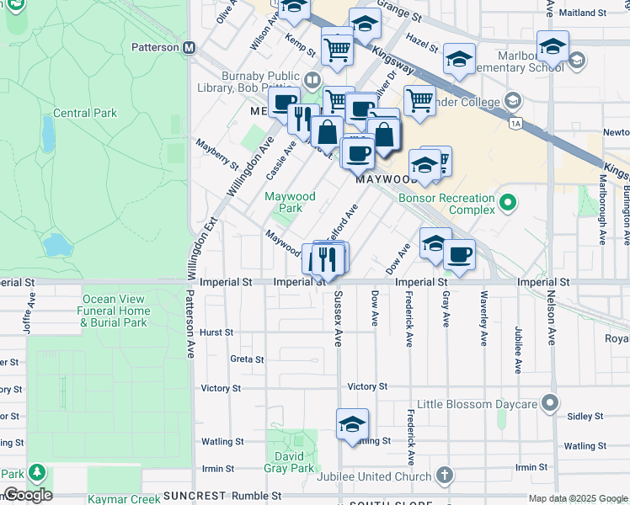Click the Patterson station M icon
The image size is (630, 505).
click(190, 48)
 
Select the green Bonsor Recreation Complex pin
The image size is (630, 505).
click(507, 202)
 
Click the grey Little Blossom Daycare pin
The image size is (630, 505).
click(551, 404)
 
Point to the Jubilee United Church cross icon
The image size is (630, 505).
click(445, 476)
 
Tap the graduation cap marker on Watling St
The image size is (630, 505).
click(352, 425)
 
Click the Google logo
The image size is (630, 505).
click(27, 495)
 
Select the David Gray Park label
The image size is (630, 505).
click(290, 461)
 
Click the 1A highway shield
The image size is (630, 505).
click(515, 124)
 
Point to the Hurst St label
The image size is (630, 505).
click(216, 332)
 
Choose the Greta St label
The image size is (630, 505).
click(247, 359)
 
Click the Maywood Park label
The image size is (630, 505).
click(290, 202)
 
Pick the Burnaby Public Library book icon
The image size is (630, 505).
click(312, 81)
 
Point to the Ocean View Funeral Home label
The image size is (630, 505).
click(115, 311)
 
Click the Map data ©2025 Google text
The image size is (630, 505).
click(577, 498)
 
